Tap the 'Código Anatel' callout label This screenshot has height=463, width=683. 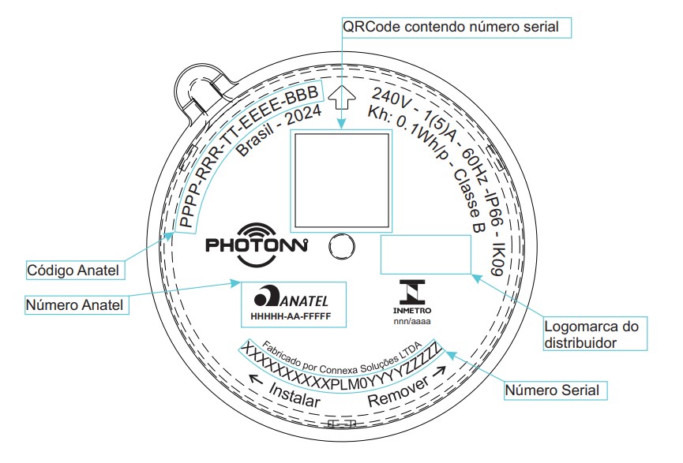click(x=74, y=270)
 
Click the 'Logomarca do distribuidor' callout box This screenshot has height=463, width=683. click(x=595, y=334)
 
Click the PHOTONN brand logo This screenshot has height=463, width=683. click(x=257, y=244)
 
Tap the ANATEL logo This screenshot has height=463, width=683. click(x=291, y=297)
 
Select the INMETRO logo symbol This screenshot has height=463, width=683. click(x=412, y=292)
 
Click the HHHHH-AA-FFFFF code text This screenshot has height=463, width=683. click(x=291, y=316)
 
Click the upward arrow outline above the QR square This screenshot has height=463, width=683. click(x=341, y=96)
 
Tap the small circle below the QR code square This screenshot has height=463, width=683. click(x=341, y=247)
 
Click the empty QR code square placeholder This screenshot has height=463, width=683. click(x=341, y=181)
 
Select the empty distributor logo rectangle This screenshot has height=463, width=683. click(x=426, y=255)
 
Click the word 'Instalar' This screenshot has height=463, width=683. click(x=295, y=394)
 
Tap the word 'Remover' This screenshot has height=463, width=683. click(x=399, y=393)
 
